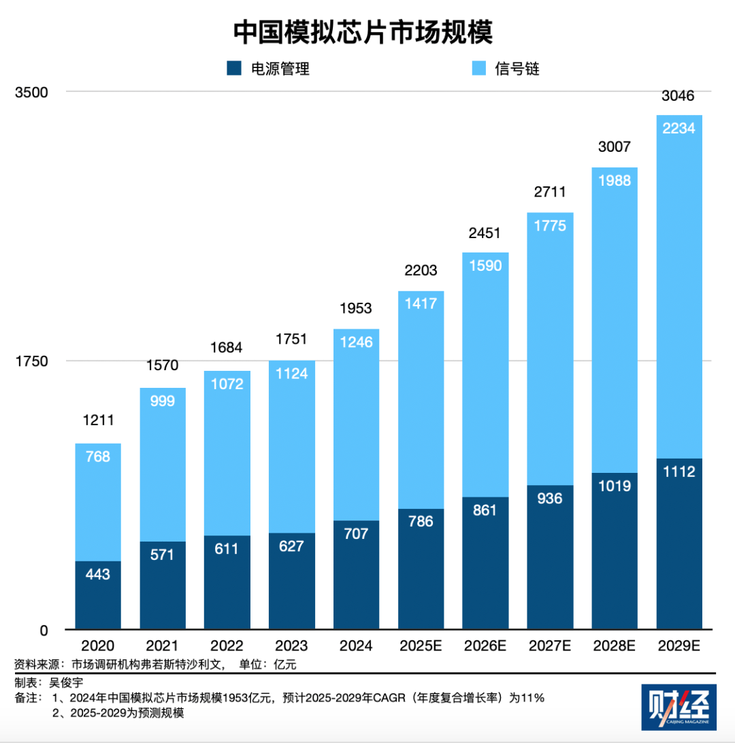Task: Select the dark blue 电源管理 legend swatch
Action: pos(234,68)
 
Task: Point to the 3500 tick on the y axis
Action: pos(31,92)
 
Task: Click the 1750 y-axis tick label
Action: pos(31,361)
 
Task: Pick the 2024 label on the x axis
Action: pos(356,646)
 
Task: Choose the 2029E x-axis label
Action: pos(679,646)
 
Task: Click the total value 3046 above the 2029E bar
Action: pos(679,96)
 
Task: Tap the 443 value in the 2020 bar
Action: pos(98,574)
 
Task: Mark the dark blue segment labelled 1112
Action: pos(679,544)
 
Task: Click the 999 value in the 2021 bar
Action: pos(163,401)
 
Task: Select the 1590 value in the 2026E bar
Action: pos(485,266)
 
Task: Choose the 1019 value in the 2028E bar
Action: pos(615,486)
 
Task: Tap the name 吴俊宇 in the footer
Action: pos(70,682)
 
